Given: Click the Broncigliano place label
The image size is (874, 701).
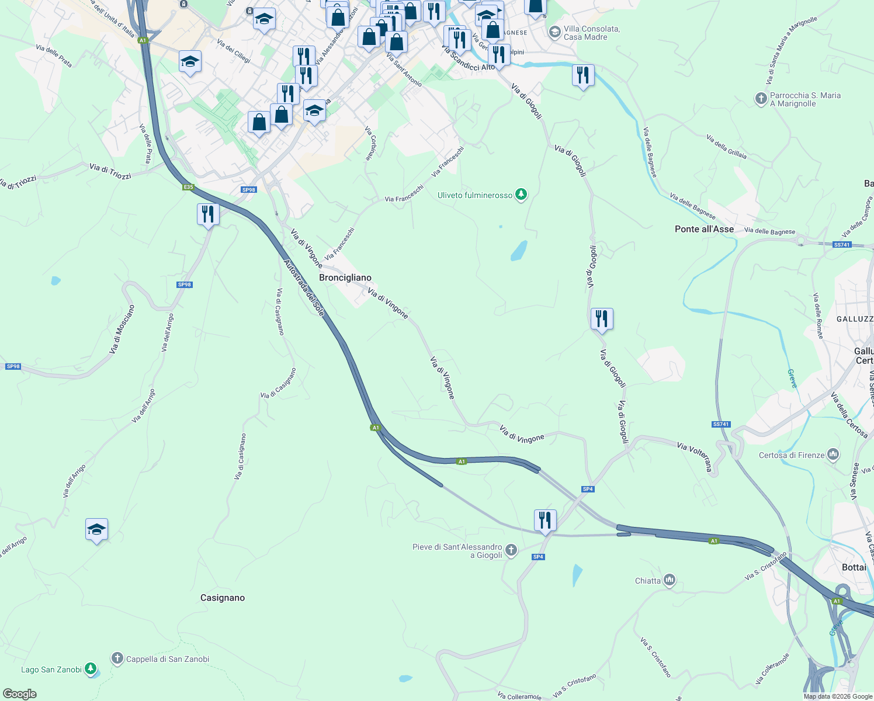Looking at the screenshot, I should coord(345,277).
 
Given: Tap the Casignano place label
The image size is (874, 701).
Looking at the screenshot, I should coord(223,598).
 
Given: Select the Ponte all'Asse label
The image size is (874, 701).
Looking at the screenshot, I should coord(704,229).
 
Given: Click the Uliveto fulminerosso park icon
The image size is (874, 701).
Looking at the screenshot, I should coord(521,195).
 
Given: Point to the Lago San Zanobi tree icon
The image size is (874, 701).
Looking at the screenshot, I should coord(91,669).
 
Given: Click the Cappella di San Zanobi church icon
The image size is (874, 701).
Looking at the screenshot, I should coord(117,659).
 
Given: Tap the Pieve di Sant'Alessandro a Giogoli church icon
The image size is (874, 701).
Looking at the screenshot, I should coord(511,550).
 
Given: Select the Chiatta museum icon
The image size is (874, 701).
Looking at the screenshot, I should coord(670,580).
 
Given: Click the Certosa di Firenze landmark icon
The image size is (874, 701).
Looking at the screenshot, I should coord(833,454).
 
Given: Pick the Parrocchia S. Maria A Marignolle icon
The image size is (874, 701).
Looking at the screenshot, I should coord(761,99).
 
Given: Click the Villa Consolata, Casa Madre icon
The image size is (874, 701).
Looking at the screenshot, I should coord(554,32).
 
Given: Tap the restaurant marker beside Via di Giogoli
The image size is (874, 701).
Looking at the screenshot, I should coord(602,319).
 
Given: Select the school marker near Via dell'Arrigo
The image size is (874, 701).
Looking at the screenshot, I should coord(96,529).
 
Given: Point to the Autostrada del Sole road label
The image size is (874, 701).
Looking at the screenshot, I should coord(304,287).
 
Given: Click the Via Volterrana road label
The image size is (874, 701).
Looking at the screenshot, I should coord(695,456).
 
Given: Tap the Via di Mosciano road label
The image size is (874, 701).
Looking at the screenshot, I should coord(122,329).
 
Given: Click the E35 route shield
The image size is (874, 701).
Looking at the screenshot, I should coord(188,187).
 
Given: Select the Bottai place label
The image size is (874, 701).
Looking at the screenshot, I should coord(854,567).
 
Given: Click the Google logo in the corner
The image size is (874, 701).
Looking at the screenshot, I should coord(19,694).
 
